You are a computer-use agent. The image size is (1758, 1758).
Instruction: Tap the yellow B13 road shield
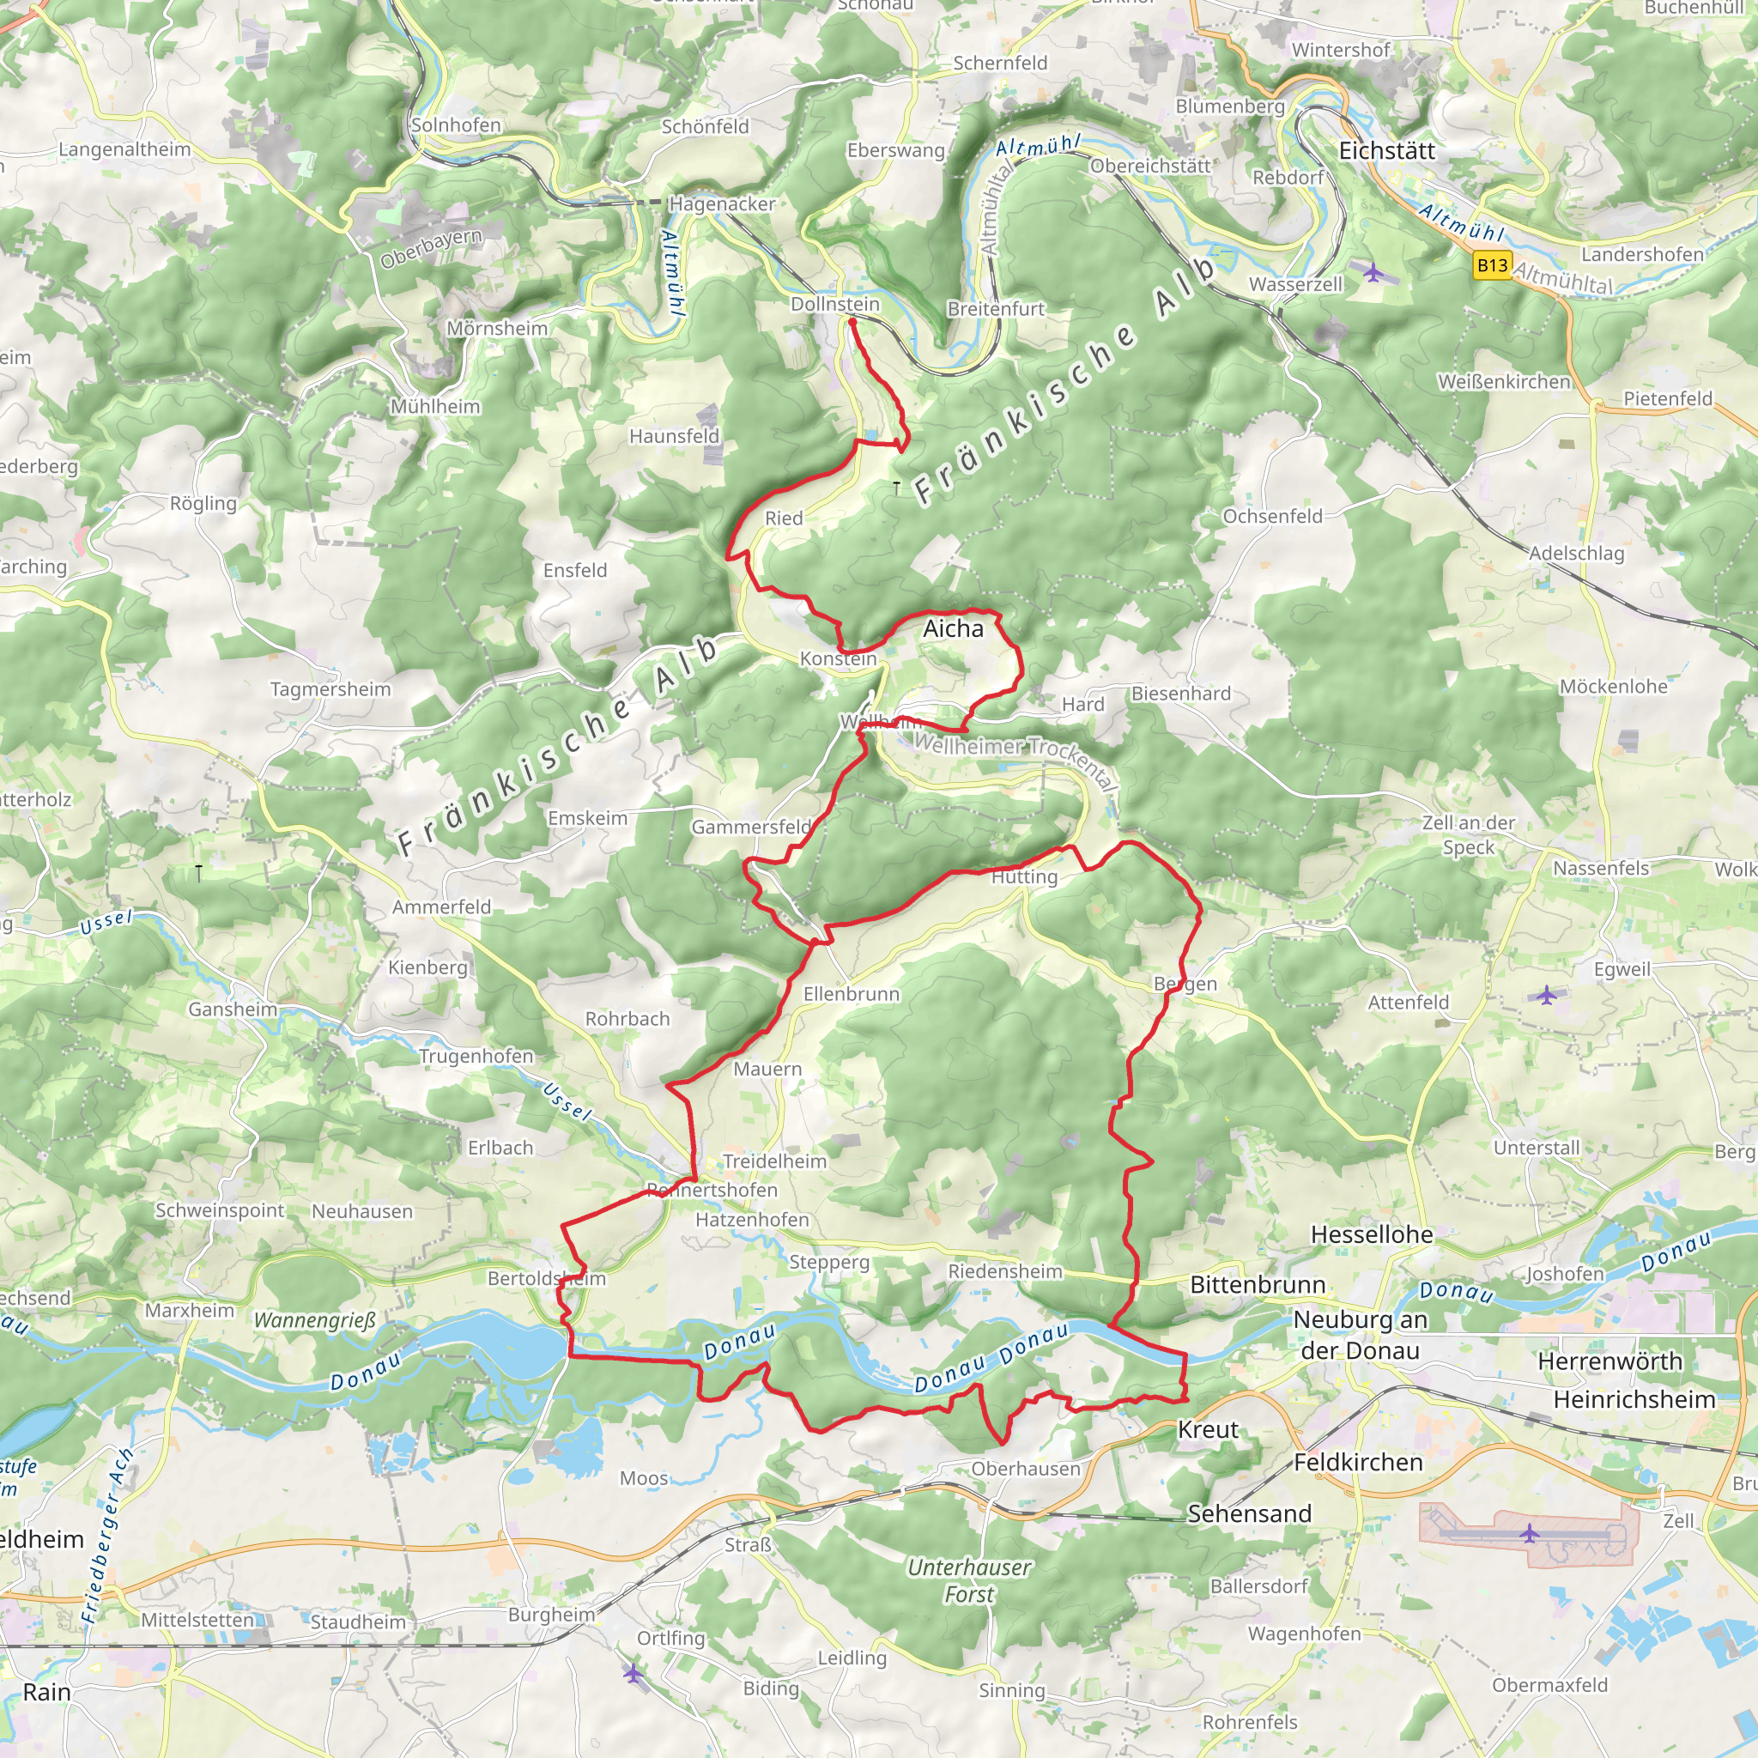click(1492, 266)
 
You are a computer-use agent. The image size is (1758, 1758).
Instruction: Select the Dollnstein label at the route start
click(834, 304)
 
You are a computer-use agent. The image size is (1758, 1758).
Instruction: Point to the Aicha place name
click(953, 628)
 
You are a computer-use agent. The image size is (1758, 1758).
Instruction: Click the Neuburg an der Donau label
click(1360, 1335)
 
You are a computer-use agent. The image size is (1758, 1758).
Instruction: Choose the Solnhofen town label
click(455, 124)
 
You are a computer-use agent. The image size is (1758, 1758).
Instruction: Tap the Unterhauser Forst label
click(969, 1580)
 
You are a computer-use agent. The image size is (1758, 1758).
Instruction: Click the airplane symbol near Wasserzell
click(1373, 271)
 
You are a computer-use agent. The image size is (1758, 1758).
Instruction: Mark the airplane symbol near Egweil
click(1547, 995)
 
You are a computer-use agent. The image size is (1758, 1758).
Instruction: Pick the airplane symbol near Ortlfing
click(633, 1672)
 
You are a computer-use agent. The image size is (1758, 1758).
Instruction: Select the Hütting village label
click(1024, 877)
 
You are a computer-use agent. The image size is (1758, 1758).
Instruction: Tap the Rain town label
click(46, 1693)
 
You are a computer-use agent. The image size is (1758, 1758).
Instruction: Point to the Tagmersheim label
click(330, 690)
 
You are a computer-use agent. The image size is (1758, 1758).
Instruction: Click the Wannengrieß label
click(314, 1319)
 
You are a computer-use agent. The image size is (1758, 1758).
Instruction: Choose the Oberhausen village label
click(1026, 1469)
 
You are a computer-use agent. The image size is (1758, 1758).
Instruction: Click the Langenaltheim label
click(124, 149)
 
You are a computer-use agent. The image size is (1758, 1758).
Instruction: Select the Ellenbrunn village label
click(851, 995)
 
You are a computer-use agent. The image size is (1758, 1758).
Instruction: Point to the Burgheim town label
click(551, 1616)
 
